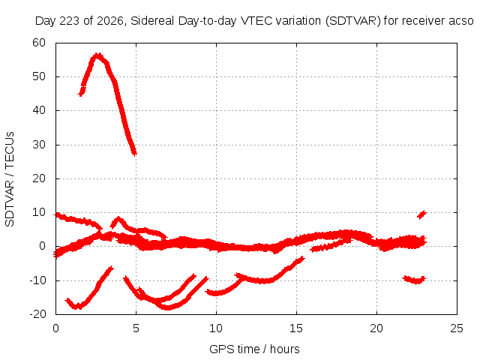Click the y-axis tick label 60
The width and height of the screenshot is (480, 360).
[x=39, y=43]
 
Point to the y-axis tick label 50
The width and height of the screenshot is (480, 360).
[x=39, y=76]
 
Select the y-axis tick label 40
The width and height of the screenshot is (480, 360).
[x=39, y=110]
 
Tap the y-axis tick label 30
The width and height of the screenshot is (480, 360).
[x=39, y=145]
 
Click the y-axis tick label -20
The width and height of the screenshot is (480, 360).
[x=37, y=314]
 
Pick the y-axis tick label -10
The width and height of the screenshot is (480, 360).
[x=37, y=280]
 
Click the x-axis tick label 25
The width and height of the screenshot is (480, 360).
[x=457, y=328]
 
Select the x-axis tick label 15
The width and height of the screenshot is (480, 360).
[x=296, y=328]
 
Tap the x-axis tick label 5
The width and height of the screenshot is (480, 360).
[x=136, y=328]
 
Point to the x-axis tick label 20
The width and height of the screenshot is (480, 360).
[x=376, y=328]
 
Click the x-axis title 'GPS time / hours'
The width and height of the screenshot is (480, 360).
[x=254, y=349]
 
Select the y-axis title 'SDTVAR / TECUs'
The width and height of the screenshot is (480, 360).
[x=10, y=179]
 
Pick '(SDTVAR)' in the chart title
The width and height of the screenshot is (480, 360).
[x=352, y=21]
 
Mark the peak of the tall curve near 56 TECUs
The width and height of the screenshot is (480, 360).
[x=97, y=55]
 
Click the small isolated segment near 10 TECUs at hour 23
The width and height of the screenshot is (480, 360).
[x=421, y=214]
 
